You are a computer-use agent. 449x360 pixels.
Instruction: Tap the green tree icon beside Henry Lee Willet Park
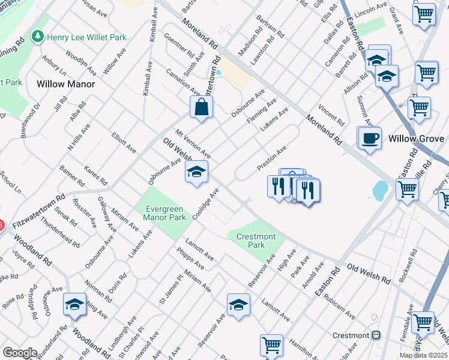coord(38,37)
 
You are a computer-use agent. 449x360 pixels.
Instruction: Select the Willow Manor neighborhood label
coord(66,84)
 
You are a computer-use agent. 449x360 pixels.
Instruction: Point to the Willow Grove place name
coord(416,139)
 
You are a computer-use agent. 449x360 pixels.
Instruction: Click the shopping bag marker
coord(202,108)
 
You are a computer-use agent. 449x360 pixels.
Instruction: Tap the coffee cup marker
coord(369,138)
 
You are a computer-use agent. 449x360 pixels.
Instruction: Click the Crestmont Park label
coord(256,241)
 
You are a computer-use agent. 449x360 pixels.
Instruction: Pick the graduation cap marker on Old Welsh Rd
coord(196,173)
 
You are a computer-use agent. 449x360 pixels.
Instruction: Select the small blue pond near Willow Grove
coord(380,191)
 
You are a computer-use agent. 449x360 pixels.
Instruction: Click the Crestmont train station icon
coord(376,335)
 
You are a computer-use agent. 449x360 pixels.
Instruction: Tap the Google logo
coord(20,352)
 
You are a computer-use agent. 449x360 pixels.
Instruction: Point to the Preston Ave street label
coord(272,157)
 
